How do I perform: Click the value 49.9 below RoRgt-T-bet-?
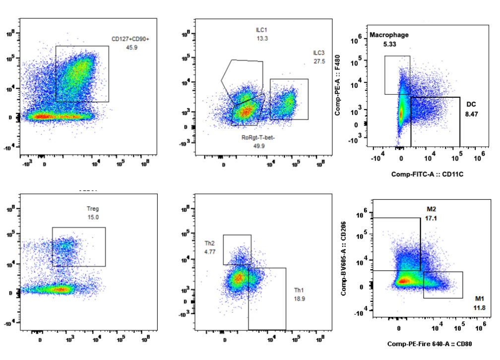[258, 146]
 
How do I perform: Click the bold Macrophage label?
[389, 35]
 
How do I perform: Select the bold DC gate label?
[471, 105]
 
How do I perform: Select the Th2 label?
[210, 243]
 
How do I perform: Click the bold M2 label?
[431, 209]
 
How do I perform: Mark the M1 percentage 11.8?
[480, 308]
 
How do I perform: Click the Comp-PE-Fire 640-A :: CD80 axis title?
[429, 343]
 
